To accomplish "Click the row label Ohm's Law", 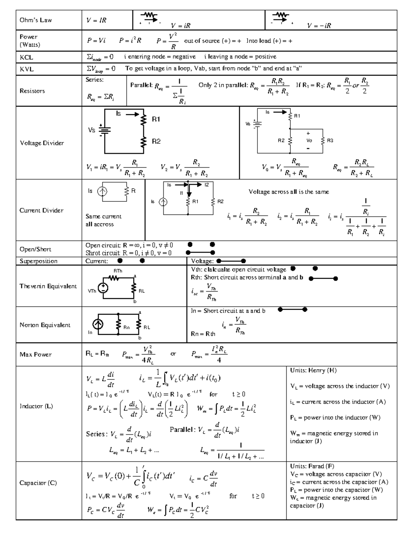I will (x=36, y=20).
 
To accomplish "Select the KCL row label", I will (x=26, y=57).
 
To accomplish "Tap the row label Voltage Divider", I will (x=42, y=143).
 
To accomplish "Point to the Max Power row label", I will (x=36, y=355).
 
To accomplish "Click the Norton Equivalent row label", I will (x=45, y=325).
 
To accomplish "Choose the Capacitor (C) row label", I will (x=38, y=483).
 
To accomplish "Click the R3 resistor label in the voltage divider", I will (x=330, y=140).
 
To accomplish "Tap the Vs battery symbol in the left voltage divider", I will (x=104, y=130).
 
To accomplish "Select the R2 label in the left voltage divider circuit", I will (x=156, y=141).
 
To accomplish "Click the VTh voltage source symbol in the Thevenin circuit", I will (x=103, y=288).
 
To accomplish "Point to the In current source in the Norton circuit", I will (x=99, y=325).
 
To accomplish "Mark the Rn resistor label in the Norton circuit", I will (x=127, y=327).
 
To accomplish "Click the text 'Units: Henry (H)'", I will (x=313, y=370).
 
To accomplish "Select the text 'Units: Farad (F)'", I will (x=312, y=466).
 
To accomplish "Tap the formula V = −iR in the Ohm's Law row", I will (x=319, y=25).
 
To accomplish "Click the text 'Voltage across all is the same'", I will (x=288, y=192).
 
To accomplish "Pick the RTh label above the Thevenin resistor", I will (x=118, y=271).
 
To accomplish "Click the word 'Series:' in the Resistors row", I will (x=94, y=80).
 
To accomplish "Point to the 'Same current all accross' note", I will (x=103, y=220).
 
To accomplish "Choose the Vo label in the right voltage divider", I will (x=309, y=140).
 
